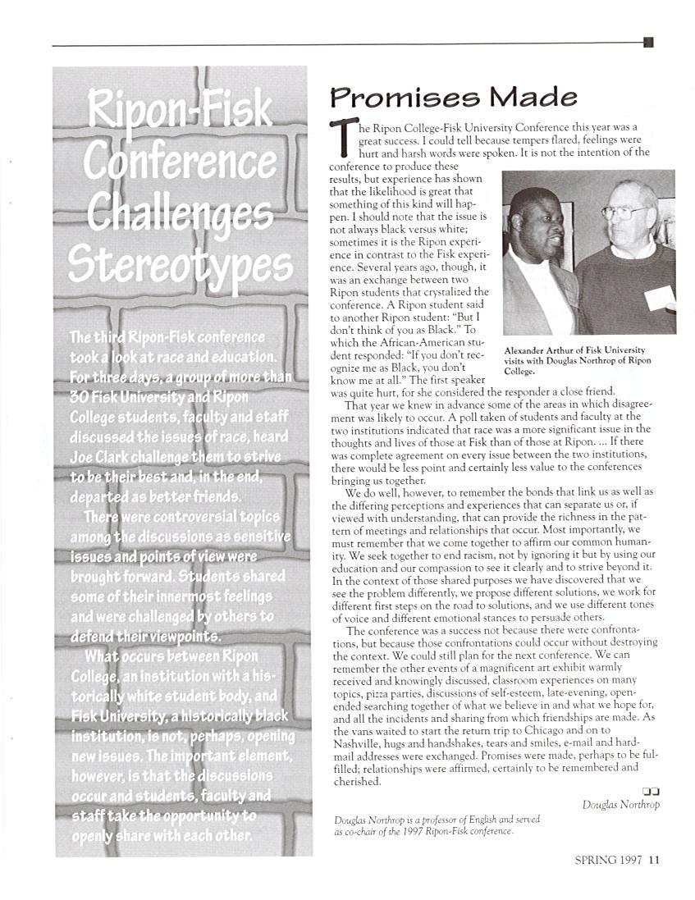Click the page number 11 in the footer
point(654,860)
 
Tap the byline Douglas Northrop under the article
point(620,805)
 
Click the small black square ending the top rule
point(648,43)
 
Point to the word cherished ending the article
point(357,782)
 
